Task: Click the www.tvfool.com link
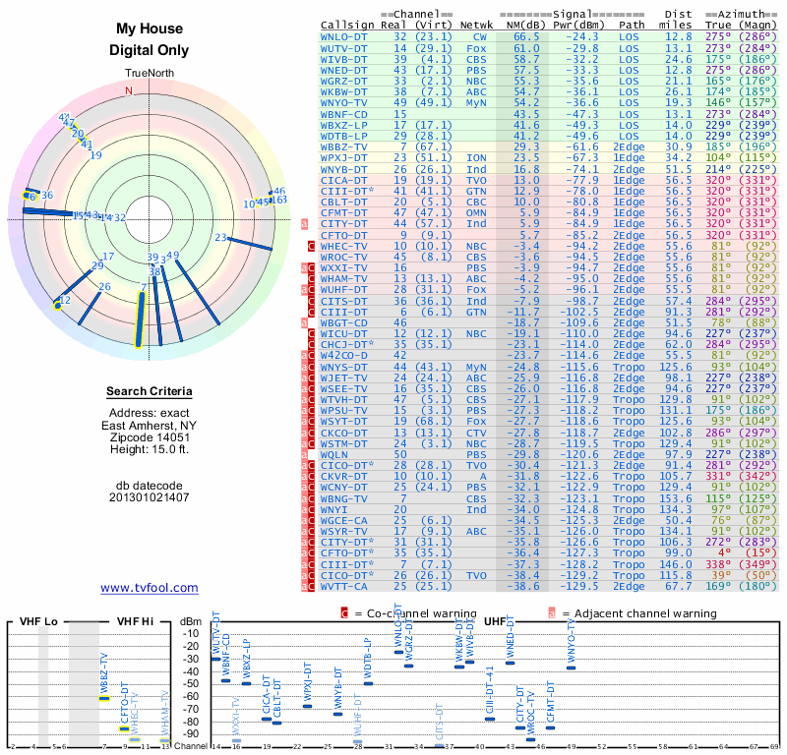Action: pos(149,588)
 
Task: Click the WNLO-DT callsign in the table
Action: pos(344,35)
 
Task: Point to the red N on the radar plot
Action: pos(128,90)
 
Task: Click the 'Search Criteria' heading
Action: pos(149,391)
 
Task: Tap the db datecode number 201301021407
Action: pos(149,497)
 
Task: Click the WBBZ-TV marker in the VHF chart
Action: pos(104,698)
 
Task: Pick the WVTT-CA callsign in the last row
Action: pos(344,586)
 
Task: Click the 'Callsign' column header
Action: pos(346,25)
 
